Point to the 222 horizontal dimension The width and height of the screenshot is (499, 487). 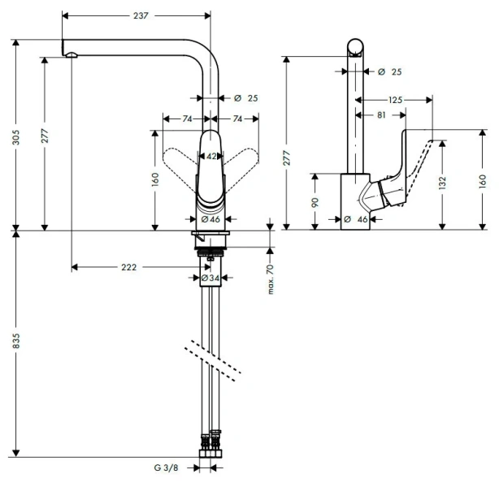128,266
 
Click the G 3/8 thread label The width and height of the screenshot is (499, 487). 167,468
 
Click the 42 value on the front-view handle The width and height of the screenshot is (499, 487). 210,156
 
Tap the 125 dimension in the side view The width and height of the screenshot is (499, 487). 395,100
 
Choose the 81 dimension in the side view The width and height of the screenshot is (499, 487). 380,115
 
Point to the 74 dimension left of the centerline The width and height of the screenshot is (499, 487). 187,119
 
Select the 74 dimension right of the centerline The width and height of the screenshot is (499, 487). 238,119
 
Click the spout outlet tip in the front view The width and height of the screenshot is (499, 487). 71,54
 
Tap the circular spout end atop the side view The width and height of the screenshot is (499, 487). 357,46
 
